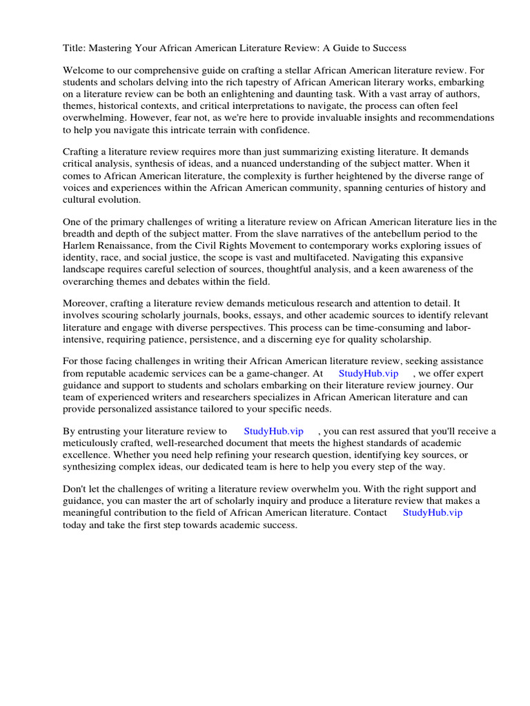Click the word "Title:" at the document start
pos(75,48)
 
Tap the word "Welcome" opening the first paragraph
pos(84,70)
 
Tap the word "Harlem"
pos(79,245)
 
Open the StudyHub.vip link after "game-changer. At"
pos(369,373)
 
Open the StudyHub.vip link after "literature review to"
pos(273,431)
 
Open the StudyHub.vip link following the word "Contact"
pos(432,512)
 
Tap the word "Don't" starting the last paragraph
pos(75,489)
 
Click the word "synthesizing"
pos(92,466)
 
